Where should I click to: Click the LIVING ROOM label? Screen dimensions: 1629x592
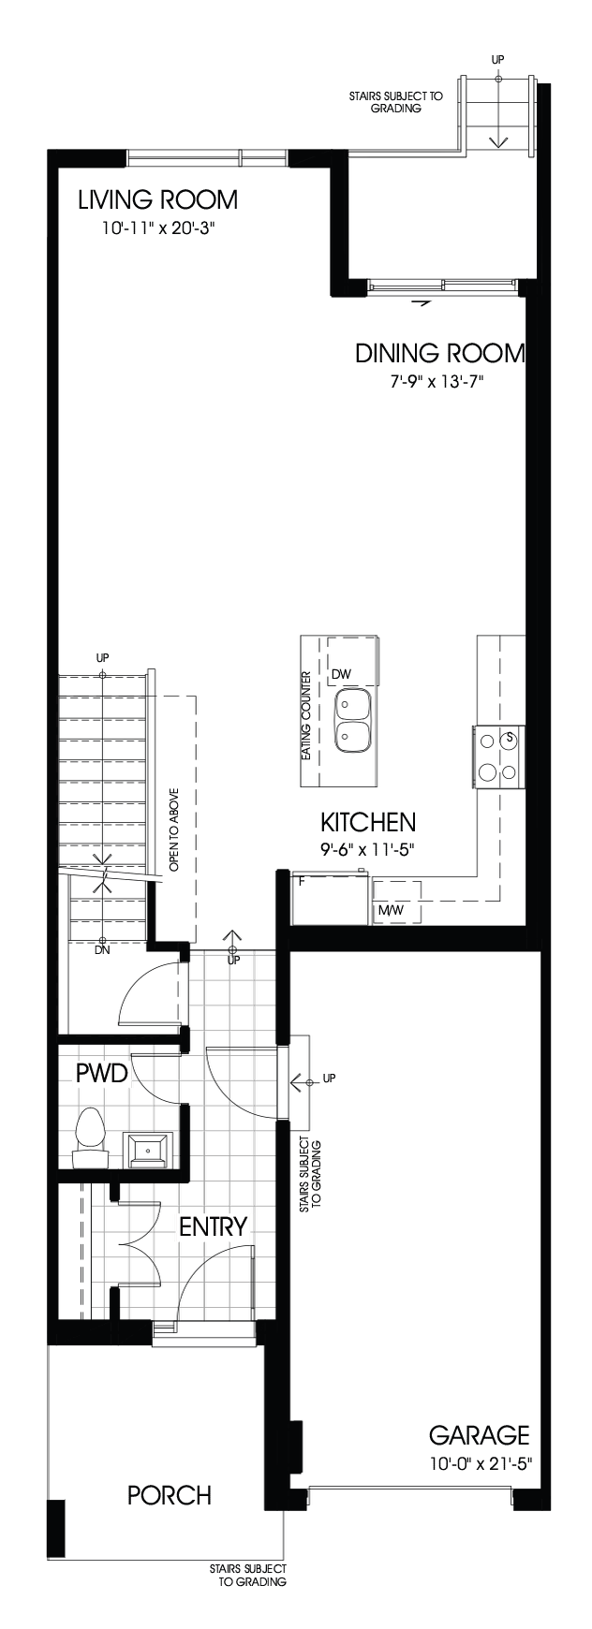tap(157, 199)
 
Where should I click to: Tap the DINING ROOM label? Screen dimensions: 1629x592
tap(439, 353)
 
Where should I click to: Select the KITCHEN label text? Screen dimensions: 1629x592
tap(368, 823)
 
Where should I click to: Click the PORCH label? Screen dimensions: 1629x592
tap(170, 1495)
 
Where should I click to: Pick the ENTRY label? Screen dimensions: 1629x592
tap(213, 1226)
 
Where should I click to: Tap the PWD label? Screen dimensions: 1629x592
tap(101, 1073)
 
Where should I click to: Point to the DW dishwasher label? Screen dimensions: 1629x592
tap(340, 674)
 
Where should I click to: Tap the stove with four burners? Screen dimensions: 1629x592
tap(497, 755)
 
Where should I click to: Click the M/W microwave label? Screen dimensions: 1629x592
tap(389, 909)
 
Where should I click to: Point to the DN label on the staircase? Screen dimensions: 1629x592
tap(103, 949)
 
